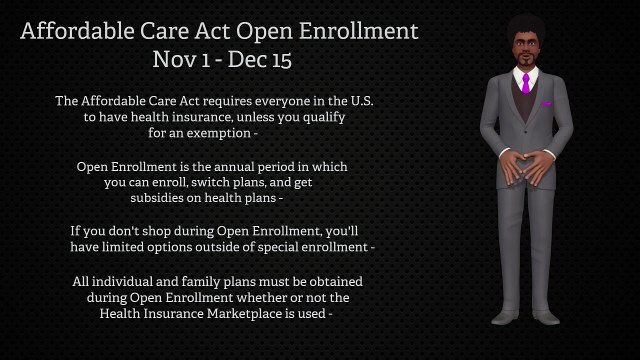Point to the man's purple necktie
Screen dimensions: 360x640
[x=525, y=82]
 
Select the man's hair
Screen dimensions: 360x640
[x=525, y=25]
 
